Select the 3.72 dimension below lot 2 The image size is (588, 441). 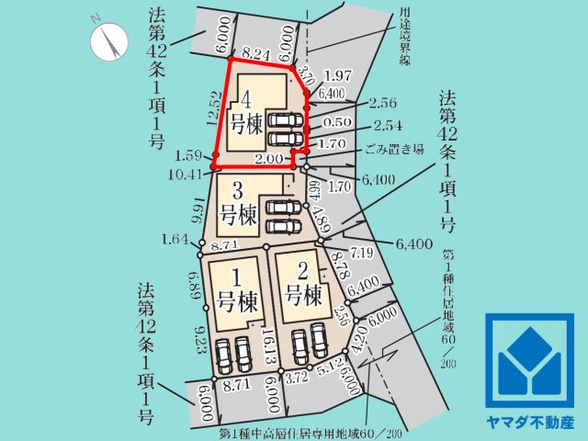295,377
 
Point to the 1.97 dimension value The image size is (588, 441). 338,74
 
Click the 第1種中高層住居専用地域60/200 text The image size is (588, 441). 311,432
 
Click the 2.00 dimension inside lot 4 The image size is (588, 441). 268,159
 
